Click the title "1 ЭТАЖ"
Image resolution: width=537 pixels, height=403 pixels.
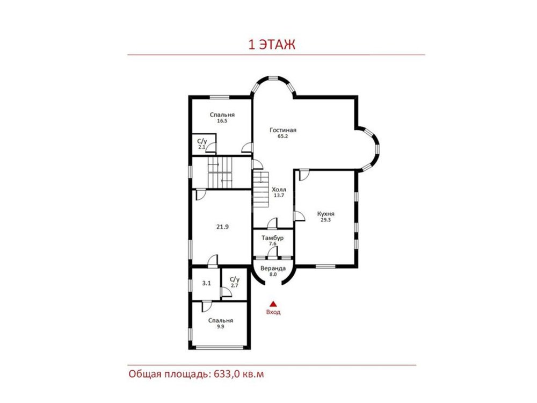click(272, 45)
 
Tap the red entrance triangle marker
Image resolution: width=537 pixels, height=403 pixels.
click(273, 304)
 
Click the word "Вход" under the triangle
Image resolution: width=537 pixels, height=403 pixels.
click(273, 312)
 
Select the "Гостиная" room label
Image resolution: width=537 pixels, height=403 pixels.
click(283, 130)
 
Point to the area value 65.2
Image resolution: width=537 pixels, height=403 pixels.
click(283, 136)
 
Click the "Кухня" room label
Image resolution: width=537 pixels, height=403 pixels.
click(326, 214)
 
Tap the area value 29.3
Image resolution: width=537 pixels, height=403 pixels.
click(326, 220)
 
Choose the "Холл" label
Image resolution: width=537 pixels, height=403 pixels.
click(279, 190)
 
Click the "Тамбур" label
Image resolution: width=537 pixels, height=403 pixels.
click(273, 238)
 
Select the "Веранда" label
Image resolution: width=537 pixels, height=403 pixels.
click(273, 268)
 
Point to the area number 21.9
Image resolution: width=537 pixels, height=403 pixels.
click(222, 227)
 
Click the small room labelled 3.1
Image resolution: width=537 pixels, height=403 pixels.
click(207, 283)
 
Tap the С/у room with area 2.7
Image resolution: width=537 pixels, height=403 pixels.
click(235, 282)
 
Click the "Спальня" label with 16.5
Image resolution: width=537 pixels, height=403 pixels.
click(222, 115)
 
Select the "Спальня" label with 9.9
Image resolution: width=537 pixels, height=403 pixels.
click(221, 321)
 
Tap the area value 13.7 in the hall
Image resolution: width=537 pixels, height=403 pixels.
click(279, 196)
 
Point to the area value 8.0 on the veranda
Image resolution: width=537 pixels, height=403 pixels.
click(273, 275)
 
